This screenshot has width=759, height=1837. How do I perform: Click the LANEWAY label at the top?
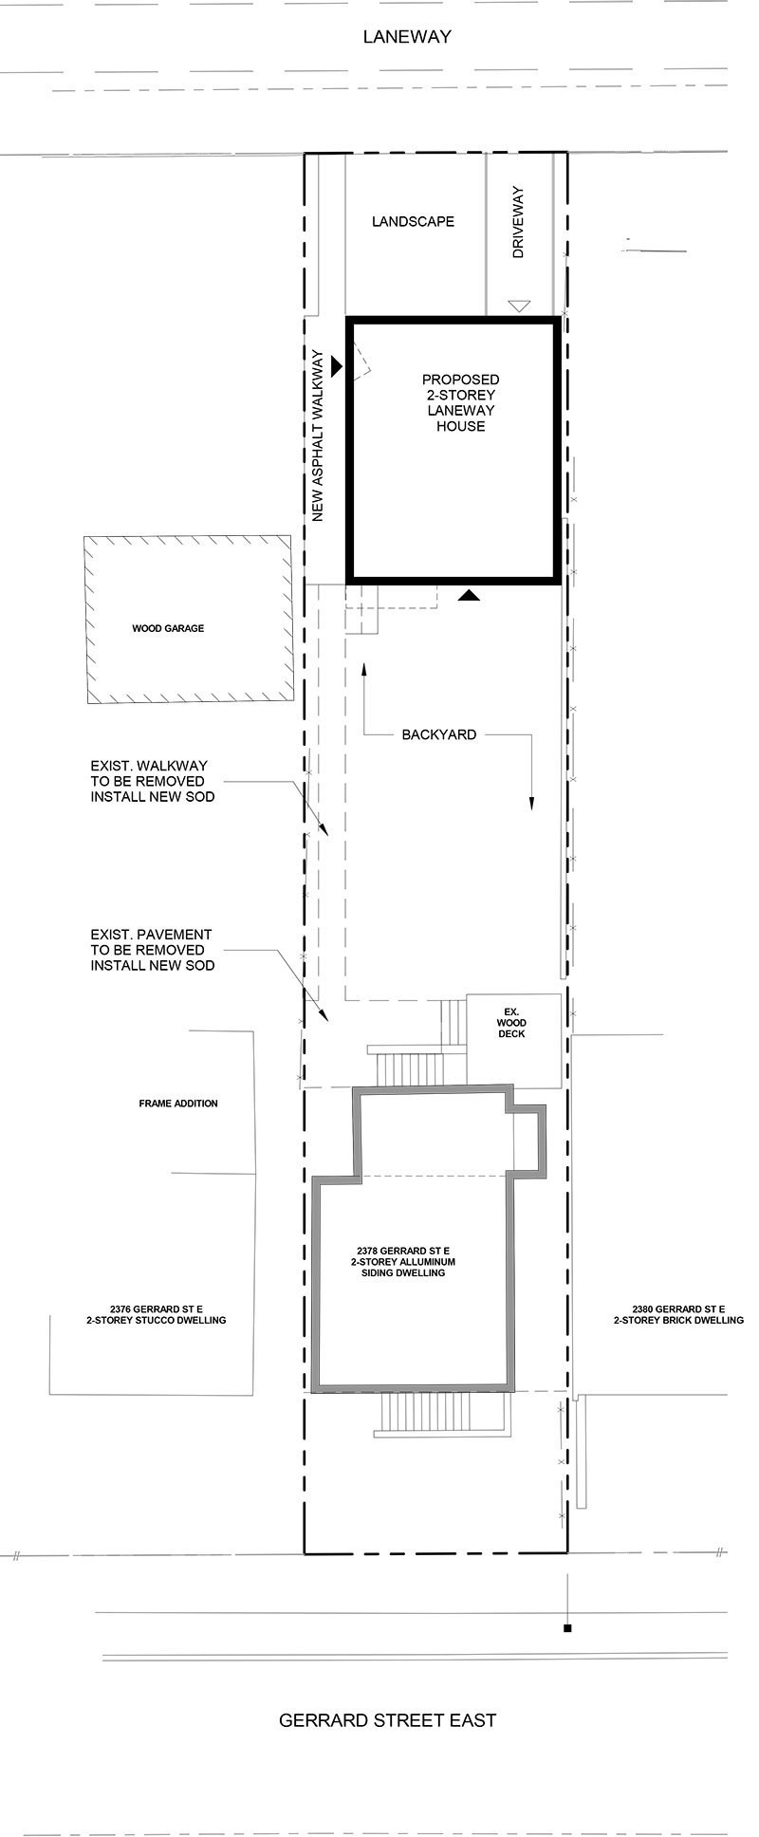point(407,37)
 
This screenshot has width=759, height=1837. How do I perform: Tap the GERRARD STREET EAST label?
point(387,1719)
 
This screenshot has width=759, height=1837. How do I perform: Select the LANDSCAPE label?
point(413,221)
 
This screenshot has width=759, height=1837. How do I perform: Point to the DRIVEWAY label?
point(518,223)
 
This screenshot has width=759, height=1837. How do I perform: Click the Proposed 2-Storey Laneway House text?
point(461,403)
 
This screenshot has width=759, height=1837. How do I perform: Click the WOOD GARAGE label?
point(168,628)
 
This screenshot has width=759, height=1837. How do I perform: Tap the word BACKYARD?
point(438,734)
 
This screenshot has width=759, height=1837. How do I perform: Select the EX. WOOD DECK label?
point(511,1023)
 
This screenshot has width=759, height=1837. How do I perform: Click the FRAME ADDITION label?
point(178,1104)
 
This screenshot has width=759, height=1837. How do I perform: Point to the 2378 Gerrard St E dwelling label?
point(403,1262)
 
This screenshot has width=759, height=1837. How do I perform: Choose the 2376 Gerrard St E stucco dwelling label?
point(156,1314)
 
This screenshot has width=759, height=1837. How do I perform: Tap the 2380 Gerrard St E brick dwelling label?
point(678,1314)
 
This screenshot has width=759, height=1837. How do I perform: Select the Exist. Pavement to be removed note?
point(152,950)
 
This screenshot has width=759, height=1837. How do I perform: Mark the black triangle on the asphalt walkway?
point(336,363)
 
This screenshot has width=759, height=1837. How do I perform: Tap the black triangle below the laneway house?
point(470,595)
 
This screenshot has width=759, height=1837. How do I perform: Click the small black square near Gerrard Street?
point(567,1628)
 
